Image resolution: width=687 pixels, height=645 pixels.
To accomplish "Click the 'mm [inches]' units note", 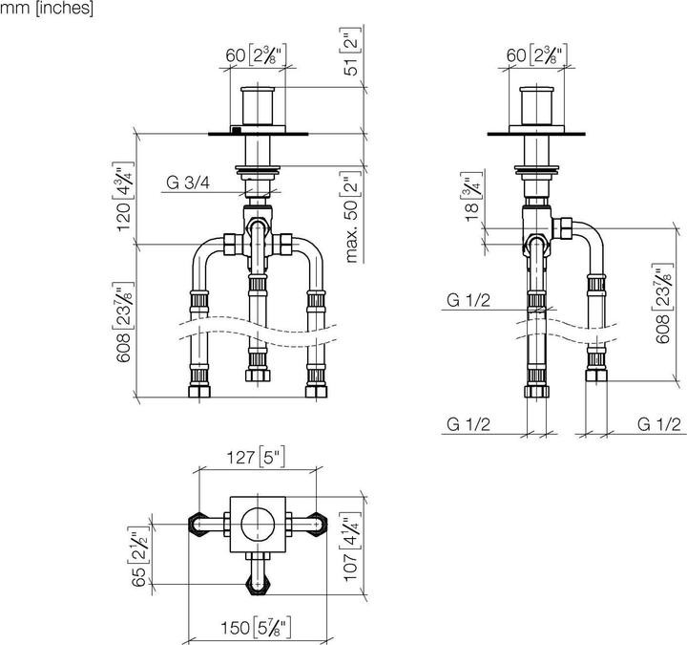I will (47, 10).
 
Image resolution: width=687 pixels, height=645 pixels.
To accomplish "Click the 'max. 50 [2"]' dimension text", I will (351, 218).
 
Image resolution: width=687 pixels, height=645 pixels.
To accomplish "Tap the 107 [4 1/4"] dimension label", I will (352, 543).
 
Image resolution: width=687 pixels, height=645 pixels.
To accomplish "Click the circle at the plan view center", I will (256, 524).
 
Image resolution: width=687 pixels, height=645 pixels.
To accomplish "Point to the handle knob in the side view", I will (539, 107).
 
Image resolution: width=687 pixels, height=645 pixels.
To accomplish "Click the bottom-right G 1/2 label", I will (659, 425).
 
